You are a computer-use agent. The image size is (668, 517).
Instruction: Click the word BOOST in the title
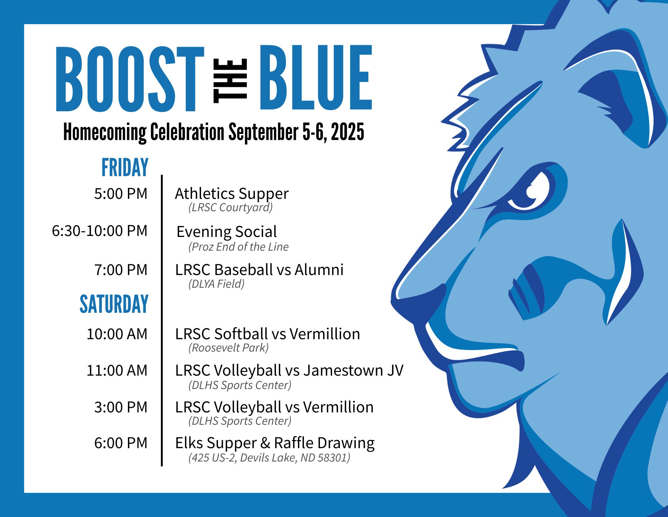pyautogui.click(x=130, y=79)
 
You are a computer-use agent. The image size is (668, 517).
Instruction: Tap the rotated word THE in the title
pyautogui.click(x=230, y=81)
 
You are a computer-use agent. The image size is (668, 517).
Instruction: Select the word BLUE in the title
pyautogui.click(x=316, y=78)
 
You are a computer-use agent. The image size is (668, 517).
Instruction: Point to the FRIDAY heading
pyautogui.click(x=125, y=167)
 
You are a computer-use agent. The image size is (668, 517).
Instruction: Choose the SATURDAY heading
pyautogui.click(x=114, y=304)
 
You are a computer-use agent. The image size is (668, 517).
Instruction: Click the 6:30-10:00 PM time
pyautogui.click(x=100, y=231)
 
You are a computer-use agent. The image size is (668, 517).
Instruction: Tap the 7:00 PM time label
pyautogui.click(x=121, y=270)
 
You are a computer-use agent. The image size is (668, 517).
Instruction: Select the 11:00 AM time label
pyautogui.click(x=117, y=370)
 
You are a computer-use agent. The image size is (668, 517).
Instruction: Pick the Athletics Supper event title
pyautogui.click(x=232, y=194)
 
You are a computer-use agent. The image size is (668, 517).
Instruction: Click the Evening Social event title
pyautogui.click(x=227, y=232)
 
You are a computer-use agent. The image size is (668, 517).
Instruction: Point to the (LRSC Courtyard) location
pyautogui.click(x=230, y=208)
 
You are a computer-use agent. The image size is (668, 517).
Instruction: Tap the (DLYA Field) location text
pyautogui.click(x=216, y=284)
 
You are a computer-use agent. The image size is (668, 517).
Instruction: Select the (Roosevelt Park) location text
pyautogui.click(x=228, y=348)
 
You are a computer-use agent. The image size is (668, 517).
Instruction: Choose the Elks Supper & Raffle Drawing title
pyautogui.click(x=275, y=443)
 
